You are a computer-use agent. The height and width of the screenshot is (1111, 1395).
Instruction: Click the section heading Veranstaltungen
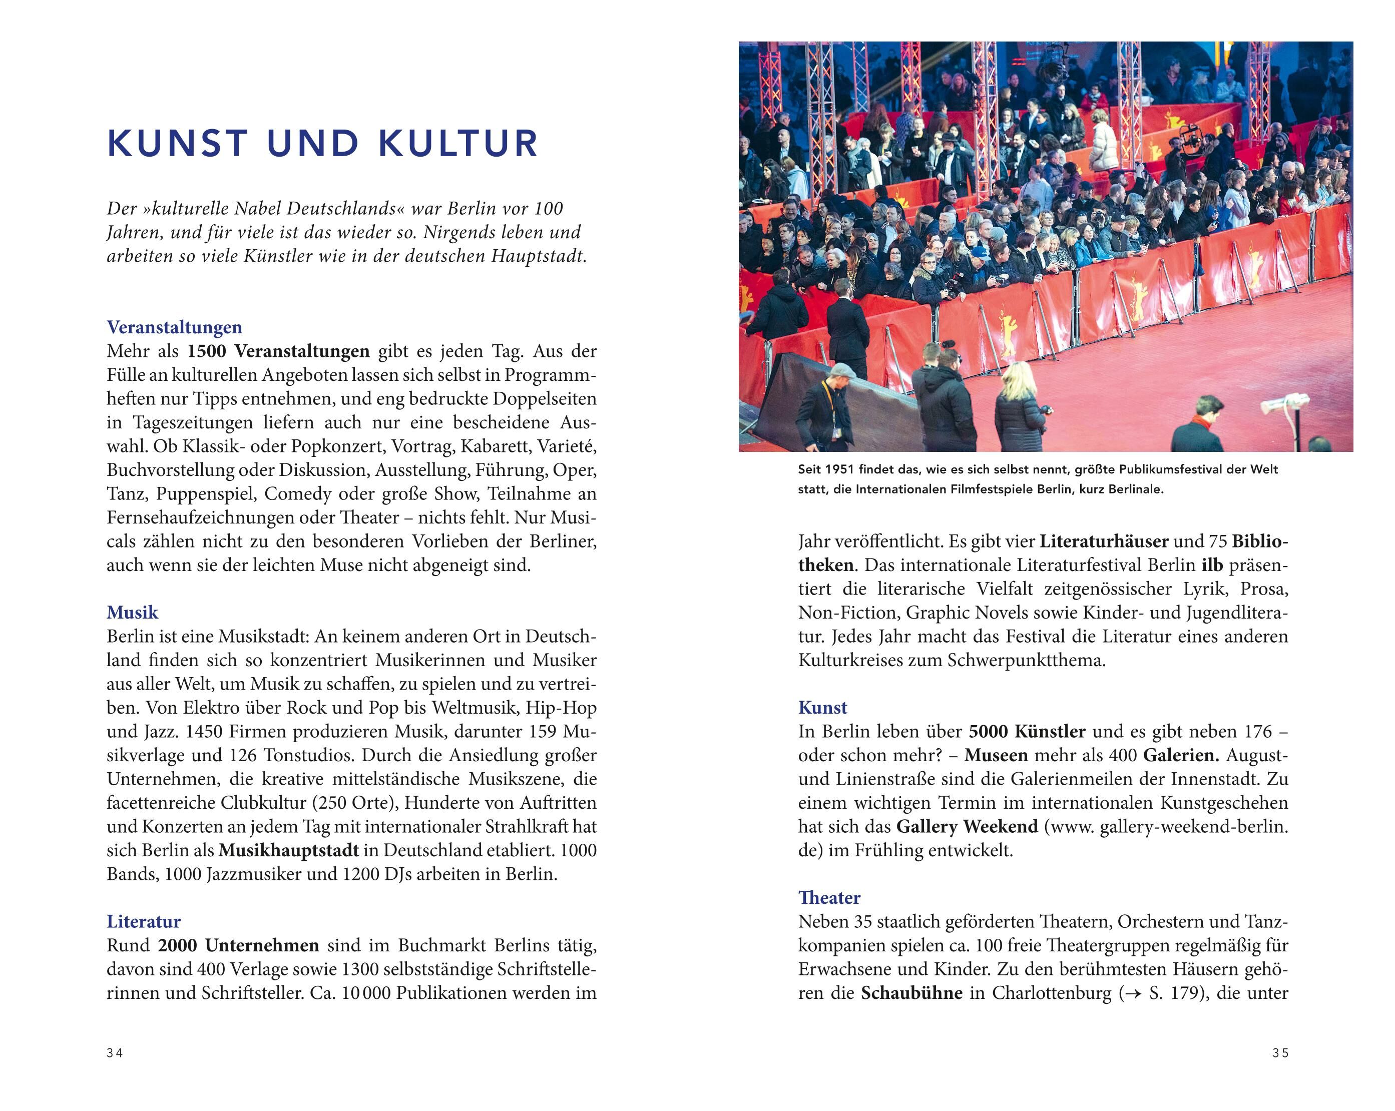(174, 327)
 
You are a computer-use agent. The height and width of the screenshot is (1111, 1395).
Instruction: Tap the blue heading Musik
(132, 612)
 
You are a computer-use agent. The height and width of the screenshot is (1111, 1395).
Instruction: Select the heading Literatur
(144, 921)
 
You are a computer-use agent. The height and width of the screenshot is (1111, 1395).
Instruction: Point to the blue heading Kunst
(822, 707)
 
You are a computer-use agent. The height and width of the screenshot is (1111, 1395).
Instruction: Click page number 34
(115, 1053)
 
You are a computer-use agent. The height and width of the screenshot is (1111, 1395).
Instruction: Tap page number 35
(1280, 1053)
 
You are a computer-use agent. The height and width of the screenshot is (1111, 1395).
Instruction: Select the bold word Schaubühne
(911, 992)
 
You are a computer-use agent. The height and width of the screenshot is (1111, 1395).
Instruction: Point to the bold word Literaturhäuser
(1104, 541)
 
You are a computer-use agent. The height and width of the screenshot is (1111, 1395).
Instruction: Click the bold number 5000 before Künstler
(988, 731)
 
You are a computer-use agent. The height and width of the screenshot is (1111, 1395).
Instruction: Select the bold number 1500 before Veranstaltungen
(206, 351)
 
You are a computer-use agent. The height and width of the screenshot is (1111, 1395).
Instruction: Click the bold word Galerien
(1181, 755)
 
